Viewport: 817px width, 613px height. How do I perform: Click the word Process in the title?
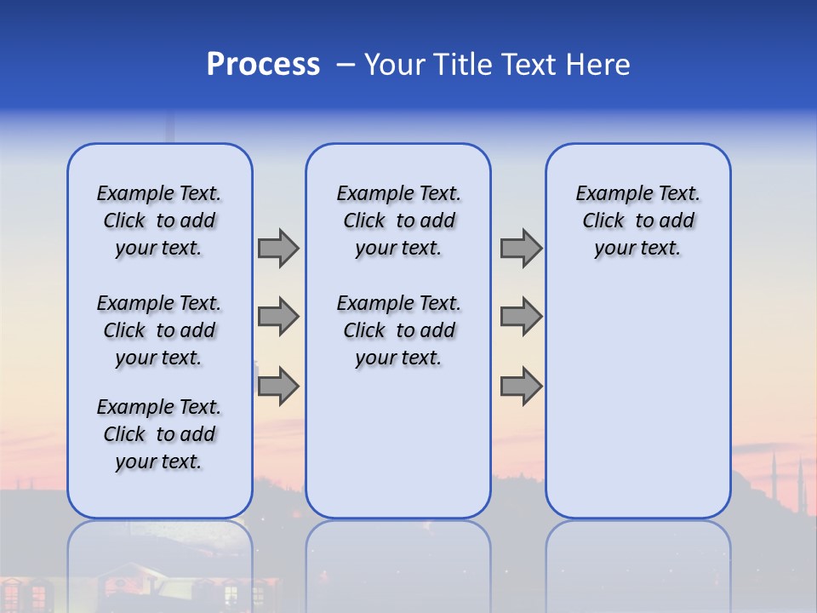[263, 65]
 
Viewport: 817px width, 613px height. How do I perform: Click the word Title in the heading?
[458, 65]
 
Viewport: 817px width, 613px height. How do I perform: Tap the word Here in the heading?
[596, 65]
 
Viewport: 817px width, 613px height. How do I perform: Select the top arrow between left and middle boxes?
[278, 248]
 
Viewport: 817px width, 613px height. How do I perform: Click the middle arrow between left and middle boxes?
[278, 317]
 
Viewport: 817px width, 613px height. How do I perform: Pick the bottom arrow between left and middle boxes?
[278, 386]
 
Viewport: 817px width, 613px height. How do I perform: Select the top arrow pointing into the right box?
[521, 248]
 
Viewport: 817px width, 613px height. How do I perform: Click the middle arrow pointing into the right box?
[521, 317]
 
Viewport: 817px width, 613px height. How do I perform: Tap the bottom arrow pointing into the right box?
[521, 386]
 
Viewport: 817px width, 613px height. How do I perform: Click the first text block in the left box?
[159, 221]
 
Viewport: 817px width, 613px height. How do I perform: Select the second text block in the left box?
[159, 330]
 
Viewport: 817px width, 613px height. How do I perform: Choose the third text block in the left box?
[159, 434]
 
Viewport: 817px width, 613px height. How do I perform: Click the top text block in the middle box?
[398, 221]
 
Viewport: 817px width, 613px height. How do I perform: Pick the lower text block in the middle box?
[398, 330]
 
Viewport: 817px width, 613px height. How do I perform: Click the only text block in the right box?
[637, 221]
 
